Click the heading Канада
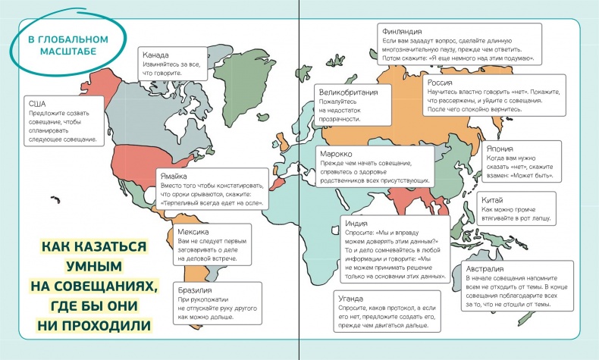point(155,55)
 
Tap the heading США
point(37,103)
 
